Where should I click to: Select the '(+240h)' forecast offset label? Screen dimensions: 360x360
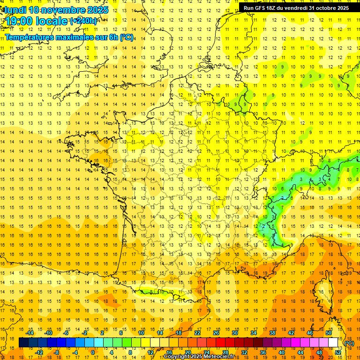[x=83, y=21]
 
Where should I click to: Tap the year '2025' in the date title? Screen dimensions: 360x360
[x=97, y=10]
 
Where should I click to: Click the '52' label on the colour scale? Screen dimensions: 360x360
[x=338, y=352]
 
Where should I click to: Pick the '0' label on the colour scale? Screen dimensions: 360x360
[x=93, y=352]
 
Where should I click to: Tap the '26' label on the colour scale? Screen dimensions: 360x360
[x=216, y=333]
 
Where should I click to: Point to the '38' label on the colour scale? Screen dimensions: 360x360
[x=272, y=333]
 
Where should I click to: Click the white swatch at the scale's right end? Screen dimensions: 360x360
[x=333, y=343]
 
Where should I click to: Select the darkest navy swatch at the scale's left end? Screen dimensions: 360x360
[x=24, y=343]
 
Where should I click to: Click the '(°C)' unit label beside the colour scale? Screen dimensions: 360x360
[x=349, y=343]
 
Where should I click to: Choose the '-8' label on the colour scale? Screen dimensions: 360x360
[x=57, y=352]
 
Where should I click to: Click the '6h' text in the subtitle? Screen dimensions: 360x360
[x=113, y=37]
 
